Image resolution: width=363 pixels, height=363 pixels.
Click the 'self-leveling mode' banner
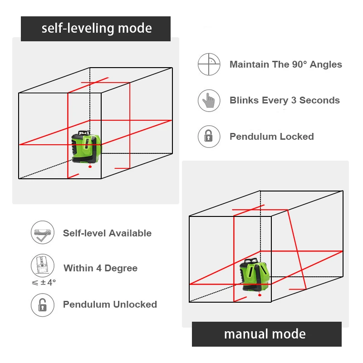96,29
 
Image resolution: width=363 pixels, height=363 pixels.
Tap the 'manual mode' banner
266,334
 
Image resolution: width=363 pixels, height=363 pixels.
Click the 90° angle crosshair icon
209,64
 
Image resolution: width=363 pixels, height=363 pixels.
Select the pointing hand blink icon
209,100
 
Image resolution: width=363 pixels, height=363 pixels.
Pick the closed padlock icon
209,136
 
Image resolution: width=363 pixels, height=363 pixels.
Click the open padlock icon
42,304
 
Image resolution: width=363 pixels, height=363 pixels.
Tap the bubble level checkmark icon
42,233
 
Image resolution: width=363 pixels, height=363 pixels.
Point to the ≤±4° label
44,282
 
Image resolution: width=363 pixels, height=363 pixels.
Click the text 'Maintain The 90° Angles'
285,64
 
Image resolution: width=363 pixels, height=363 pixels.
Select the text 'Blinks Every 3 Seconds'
285,100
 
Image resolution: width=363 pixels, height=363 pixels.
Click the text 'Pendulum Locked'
271,137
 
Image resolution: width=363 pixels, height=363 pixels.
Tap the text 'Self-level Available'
107,233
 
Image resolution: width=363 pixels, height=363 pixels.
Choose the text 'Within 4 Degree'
100,268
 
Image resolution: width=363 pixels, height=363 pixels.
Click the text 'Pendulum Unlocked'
110,304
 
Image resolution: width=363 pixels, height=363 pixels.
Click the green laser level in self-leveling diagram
86,147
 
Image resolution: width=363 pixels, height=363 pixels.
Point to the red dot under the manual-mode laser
260,295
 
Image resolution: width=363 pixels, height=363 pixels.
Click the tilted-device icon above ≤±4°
42,265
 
